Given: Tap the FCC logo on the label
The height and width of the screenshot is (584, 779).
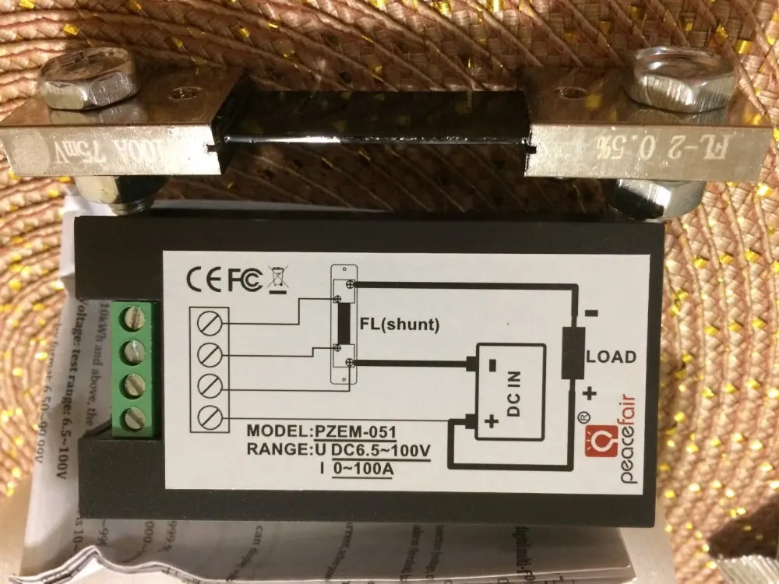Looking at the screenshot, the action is click(x=244, y=281).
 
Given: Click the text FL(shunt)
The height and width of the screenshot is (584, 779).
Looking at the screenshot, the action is click(x=400, y=325).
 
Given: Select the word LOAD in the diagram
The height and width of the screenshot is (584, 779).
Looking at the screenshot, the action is click(x=611, y=357).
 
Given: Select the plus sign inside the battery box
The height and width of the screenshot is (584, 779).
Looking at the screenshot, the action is click(x=491, y=421).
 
